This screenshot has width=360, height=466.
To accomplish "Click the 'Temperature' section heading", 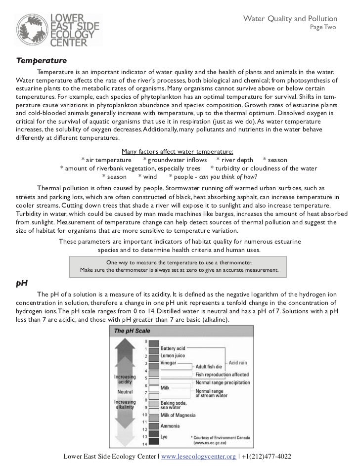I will (x=41, y=61).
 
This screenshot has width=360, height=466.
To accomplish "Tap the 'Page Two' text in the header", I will (x=322, y=27).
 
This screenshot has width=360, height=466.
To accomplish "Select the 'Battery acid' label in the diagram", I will (x=173, y=348).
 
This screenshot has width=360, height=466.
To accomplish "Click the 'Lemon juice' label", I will (x=173, y=355).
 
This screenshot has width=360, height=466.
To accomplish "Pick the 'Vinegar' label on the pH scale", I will (x=169, y=362).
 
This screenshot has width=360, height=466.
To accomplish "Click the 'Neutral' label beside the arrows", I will (x=124, y=392).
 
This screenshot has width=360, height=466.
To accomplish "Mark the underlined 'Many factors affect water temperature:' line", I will (x=177, y=152).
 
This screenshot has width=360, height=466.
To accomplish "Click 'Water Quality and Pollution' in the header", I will (x=290, y=18).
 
